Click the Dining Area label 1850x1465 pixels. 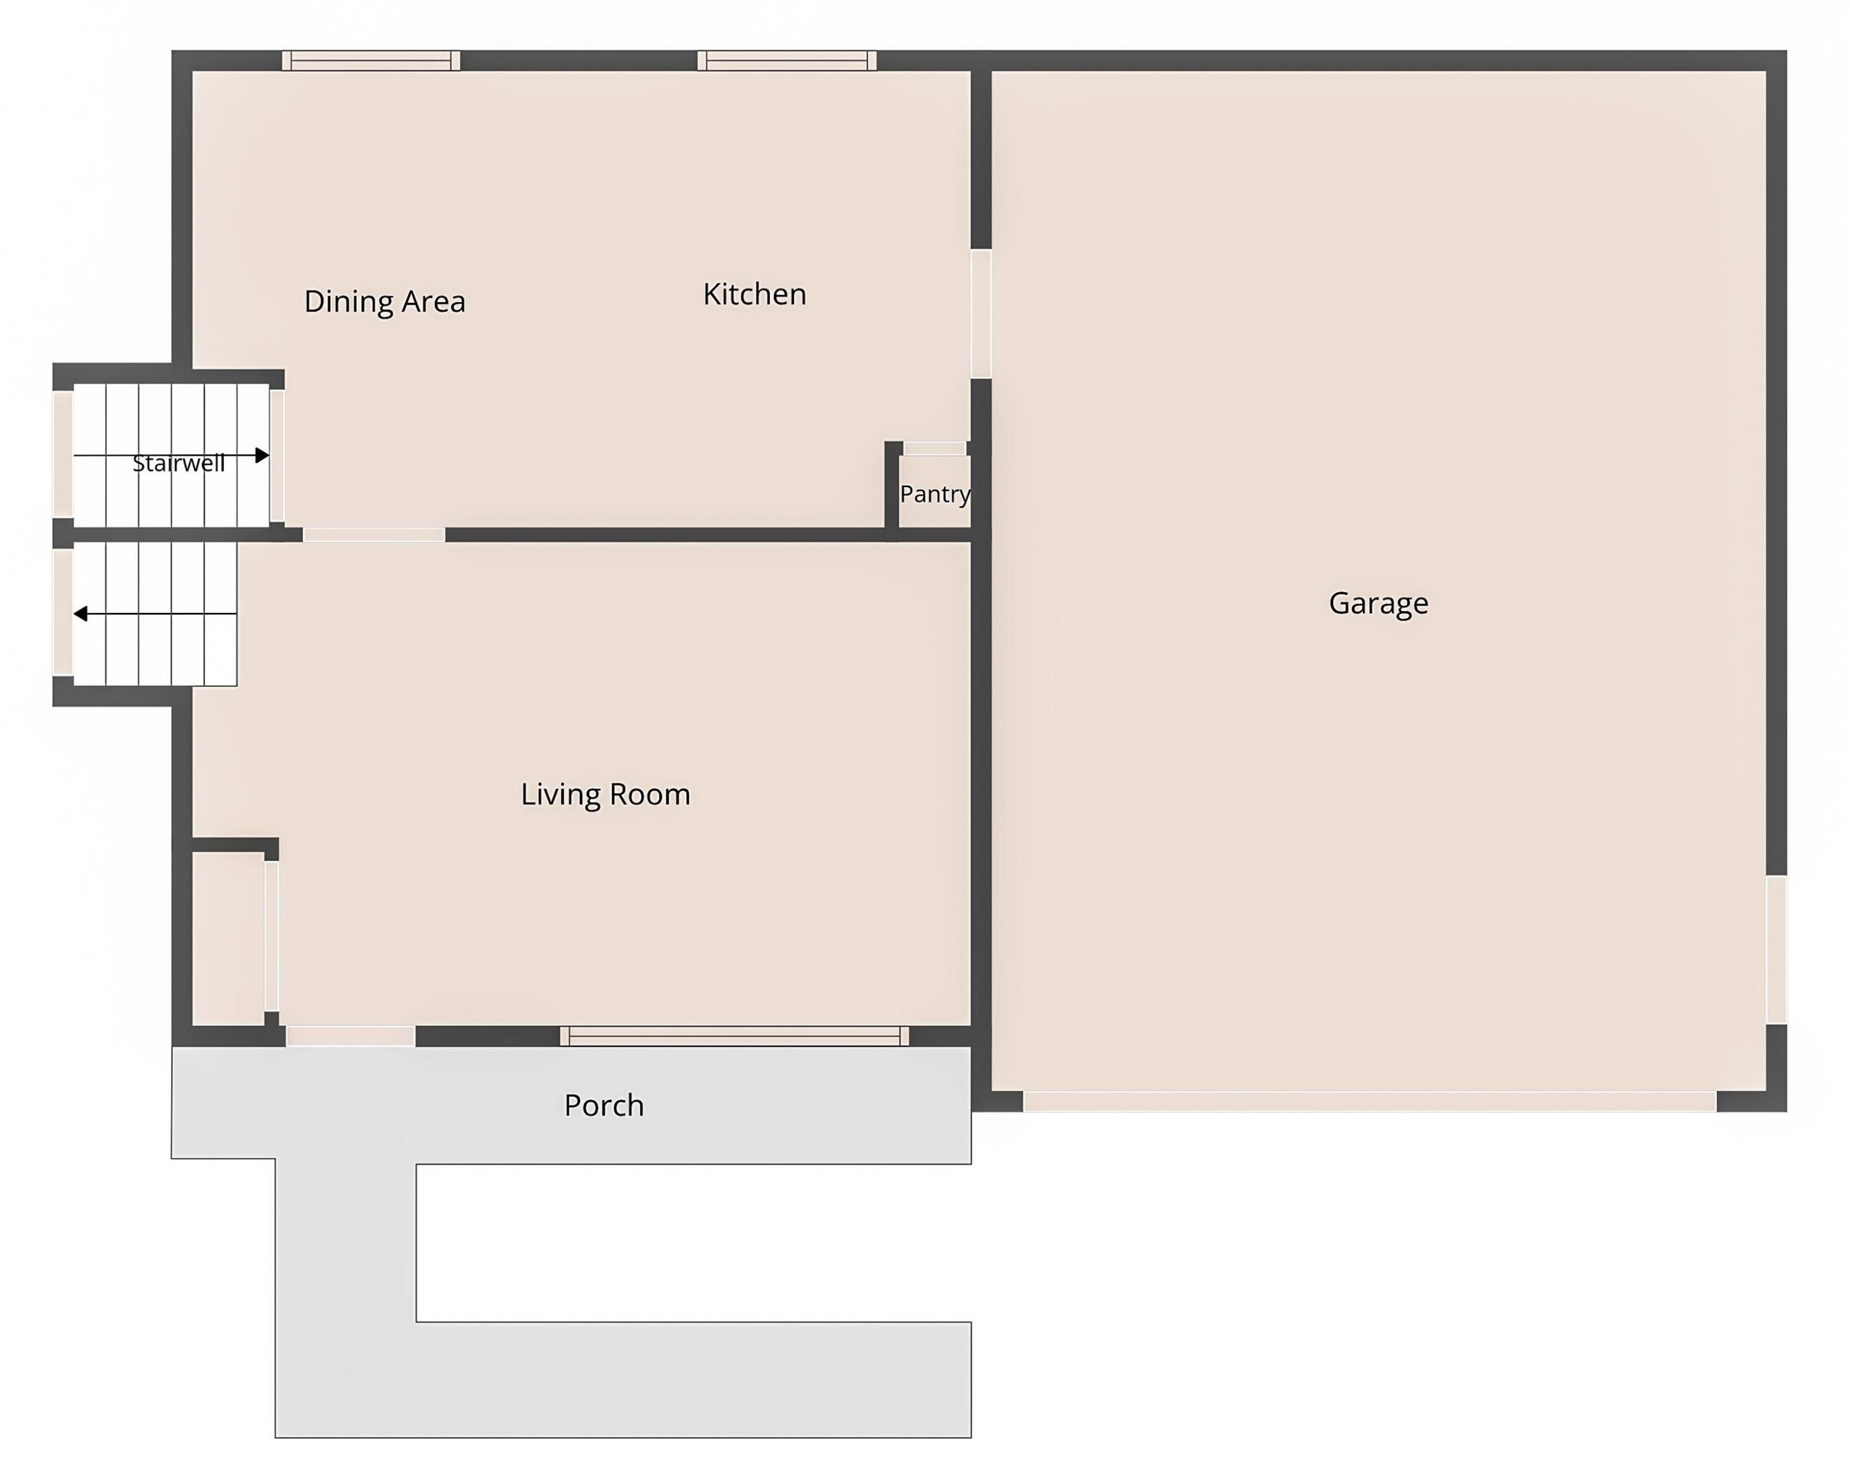(x=384, y=301)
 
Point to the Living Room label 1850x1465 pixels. (x=605, y=794)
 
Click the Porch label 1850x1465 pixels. (x=604, y=1104)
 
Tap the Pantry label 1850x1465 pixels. (x=935, y=494)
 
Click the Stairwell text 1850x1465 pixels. (x=179, y=463)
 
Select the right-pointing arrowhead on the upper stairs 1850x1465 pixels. (x=263, y=455)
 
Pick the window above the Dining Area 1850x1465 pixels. (x=371, y=60)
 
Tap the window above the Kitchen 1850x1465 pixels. (x=787, y=60)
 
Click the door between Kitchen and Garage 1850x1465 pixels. (x=981, y=314)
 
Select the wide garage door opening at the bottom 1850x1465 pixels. (x=1370, y=1101)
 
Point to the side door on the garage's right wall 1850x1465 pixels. (x=1776, y=949)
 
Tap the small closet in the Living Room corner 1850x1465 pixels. (x=227, y=939)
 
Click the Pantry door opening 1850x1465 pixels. (x=935, y=448)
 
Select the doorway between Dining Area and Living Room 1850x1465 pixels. (x=374, y=535)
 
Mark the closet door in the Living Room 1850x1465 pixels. (x=271, y=937)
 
